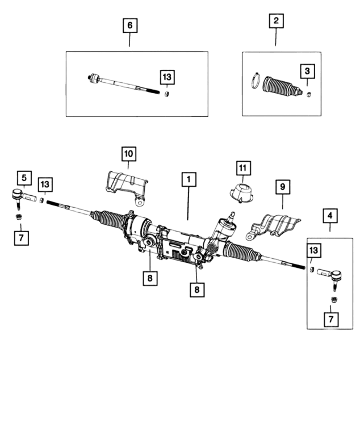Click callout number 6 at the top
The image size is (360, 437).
(x=129, y=25)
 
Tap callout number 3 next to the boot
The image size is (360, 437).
(x=307, y=71)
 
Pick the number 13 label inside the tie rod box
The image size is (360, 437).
(x=166, y=77)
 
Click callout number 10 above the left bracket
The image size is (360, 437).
(x=128, y=153)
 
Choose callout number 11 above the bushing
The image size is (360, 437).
(x=243, y=168)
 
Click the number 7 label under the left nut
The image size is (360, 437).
(x=20, y=237)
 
